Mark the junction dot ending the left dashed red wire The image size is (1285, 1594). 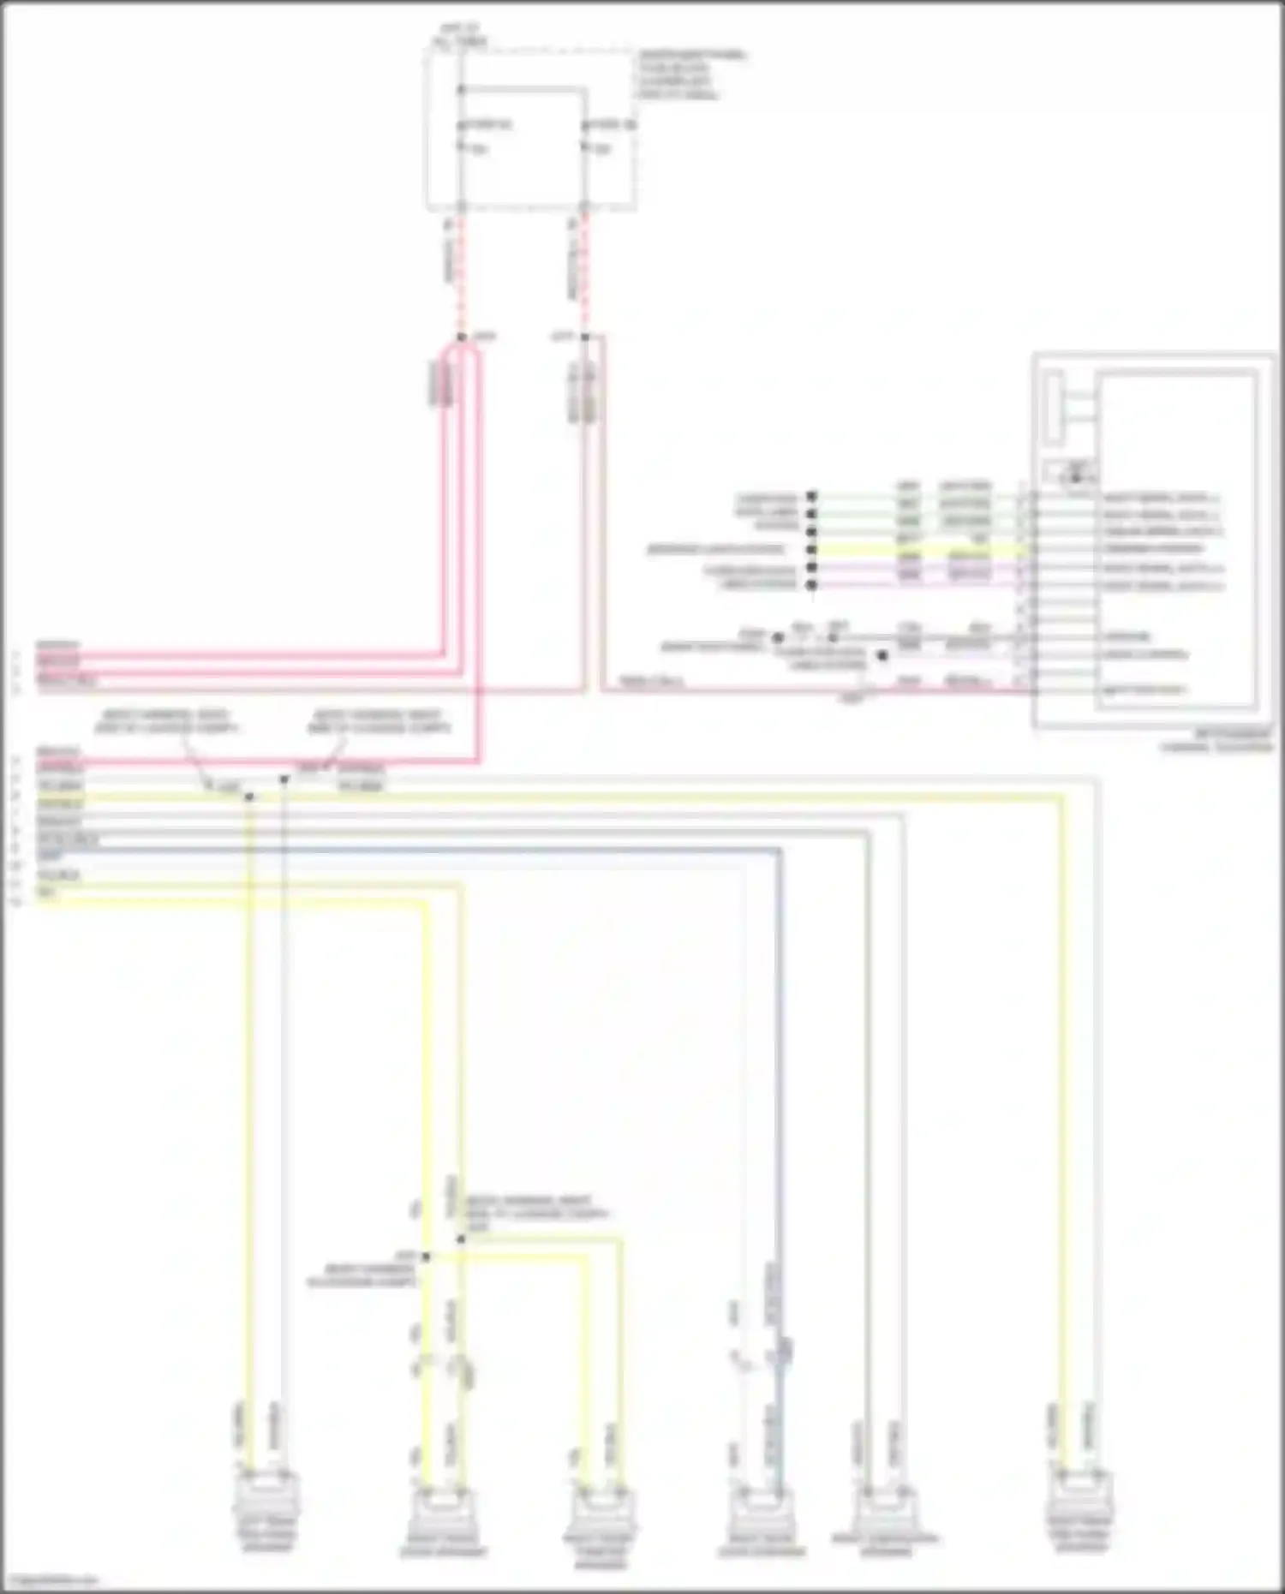462,337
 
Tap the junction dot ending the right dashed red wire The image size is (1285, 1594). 586,337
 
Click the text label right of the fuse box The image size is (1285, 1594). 690,75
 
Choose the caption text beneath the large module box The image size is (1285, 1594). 1216,740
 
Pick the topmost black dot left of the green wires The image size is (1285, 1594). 812,496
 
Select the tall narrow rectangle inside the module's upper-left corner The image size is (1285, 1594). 1055,408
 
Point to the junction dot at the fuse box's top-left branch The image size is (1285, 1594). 462,89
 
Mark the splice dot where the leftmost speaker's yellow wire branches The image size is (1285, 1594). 249,797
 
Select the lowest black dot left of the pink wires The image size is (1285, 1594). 812,585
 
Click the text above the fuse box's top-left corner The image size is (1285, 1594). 461,37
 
